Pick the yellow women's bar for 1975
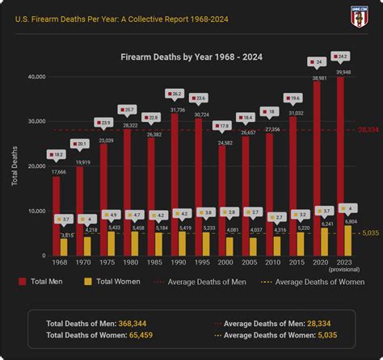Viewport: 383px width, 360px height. [112, 243]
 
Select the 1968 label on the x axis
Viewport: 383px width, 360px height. [60, 264]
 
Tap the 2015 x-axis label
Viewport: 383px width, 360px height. [297, 264]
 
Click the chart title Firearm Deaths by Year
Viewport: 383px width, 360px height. [191, 58]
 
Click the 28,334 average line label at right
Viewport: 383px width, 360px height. [368, 129]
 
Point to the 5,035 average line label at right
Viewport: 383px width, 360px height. [368, 233]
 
